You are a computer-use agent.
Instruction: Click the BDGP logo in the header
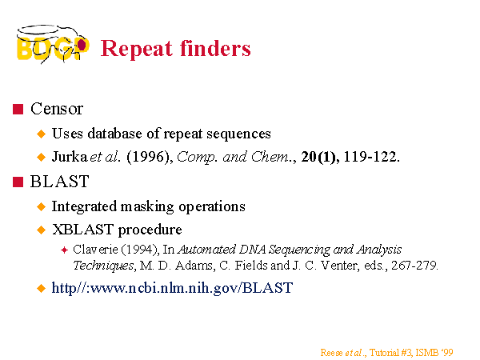coord(53,44)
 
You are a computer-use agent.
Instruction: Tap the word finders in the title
coord(215,48)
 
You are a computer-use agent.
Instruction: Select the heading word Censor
coord(57,109)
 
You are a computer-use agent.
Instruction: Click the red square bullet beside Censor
coord(18,109)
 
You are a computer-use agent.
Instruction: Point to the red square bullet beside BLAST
coord(18,182)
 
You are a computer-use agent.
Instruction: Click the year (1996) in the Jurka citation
coord(150,157)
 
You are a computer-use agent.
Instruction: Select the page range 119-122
coord(372,157)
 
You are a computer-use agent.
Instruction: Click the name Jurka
coord(70,157)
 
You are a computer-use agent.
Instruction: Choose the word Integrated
coord(84,206)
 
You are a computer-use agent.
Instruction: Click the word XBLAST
coord(82,230)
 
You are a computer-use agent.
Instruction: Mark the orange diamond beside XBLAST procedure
coord(41,230)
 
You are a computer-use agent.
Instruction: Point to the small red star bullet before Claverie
coord(64,250)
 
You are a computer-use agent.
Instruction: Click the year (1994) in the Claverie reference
coord(141,250)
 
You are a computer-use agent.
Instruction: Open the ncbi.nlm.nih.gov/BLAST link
coord(172,288)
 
